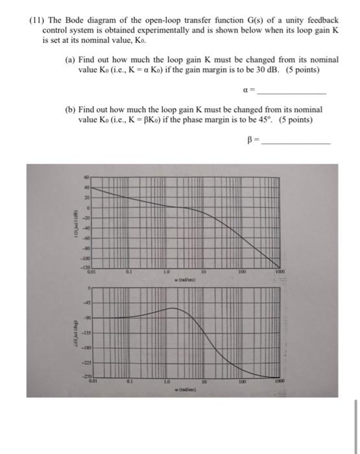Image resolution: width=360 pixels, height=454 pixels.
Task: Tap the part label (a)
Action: click(x=71, y=59)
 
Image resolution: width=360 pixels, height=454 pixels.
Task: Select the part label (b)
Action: click(x=71, y=110)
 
